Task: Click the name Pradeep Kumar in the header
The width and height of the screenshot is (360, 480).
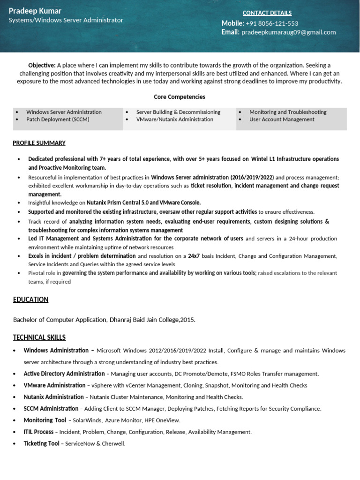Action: click(x=35, y=11)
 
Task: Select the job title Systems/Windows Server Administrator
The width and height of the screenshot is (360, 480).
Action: click(x=66, y=20)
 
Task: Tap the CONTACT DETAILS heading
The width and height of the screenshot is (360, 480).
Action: click(x=267, y=13)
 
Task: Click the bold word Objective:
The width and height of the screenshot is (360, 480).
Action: click(x=42, y=65)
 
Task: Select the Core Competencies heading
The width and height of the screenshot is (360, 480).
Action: click(x=180, y=97)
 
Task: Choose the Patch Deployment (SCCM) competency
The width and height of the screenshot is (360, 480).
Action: click(x=58, y=120)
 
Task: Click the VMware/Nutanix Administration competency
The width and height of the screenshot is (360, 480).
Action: click(x=174, y=120)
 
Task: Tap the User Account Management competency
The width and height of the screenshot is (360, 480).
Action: click(x=282, y=120)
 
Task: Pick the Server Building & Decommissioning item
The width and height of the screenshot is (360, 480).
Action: click(x=178, y=112)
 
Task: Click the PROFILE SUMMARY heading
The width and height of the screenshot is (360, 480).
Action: click(x=39, y=143)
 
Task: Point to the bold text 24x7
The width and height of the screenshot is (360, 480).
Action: click(x=194, y=256)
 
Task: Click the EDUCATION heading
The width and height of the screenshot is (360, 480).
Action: click(x=30, y=300)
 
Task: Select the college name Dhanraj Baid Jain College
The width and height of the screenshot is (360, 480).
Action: click(x=144, y=320)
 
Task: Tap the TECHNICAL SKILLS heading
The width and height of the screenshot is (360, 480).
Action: click(x=39, y=337)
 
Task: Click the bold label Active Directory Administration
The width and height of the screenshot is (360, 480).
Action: click(x=64, y=374)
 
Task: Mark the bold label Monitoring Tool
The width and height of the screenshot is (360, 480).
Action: click(x=45, y=420)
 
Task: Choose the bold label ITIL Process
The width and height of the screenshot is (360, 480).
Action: click(x=38, y=432)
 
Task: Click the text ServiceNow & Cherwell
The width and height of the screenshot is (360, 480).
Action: click(x=95, y=443)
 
